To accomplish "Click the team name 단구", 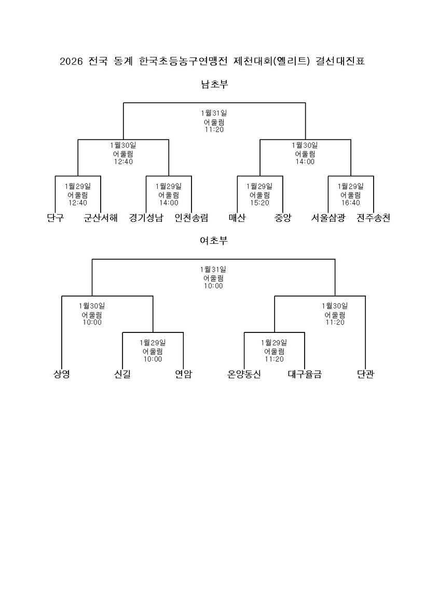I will [x=55, y=218].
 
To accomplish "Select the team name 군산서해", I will [x=101, y=218].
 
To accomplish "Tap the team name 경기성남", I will [x=146, y=218].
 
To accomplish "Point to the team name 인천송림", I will [x=191, y=218].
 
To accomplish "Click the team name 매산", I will [x=237, y=218].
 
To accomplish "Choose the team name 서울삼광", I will [x=328, y=218].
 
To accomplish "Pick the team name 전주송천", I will [x=373, y=218].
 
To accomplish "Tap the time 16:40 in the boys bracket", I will [x=350, y=203].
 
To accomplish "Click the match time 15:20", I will [x=259, y=203].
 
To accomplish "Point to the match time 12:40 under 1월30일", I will [x=123, y=161].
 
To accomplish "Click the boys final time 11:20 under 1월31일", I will [x=214, y=129].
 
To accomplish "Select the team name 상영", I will [x=61, y=374].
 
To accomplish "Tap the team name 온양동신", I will [x=244, y=374].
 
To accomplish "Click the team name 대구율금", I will [x=305, y=374].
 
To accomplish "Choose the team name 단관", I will [x=365, y=374].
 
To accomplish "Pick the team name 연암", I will [x=183, y=374].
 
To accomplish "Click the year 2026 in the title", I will [x=71, y=62].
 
